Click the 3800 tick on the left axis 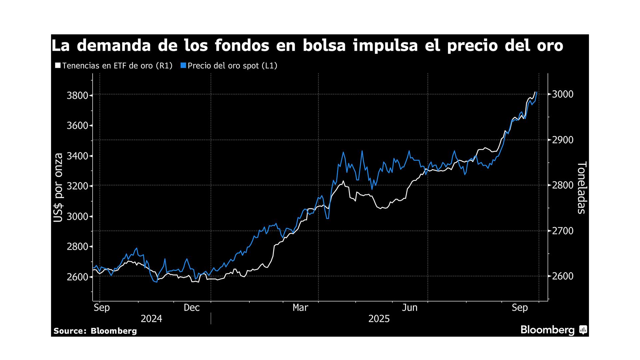tap(78, 96)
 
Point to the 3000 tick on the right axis tap(563, 94)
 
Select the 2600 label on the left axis tap(78, 277)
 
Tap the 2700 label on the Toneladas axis tap(563, 231)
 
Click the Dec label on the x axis tap(192, 308)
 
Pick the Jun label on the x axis tap(409, 308)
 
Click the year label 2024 tap(151, 319)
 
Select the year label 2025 tap(379, 319)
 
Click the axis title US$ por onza tap(58, 187)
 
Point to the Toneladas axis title tap(581, 187)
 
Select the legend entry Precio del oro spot tap(232, 66)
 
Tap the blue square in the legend tap(183, 65)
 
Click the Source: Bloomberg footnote tap(95, 331)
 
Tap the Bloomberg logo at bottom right tap(553, 330)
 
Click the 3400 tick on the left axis tap(78, 156)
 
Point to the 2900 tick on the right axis tap(563, 140)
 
